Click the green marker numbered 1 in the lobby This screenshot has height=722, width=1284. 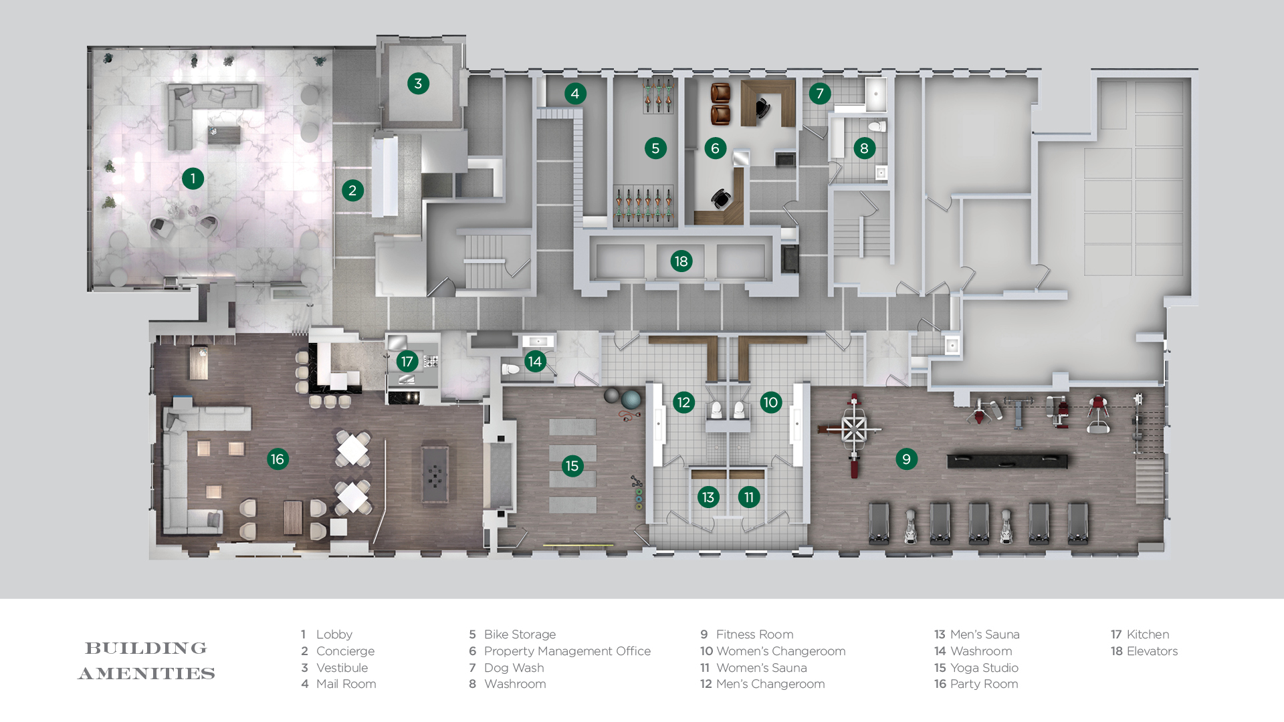coord(193,178)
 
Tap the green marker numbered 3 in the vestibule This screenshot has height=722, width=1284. coord(418,84)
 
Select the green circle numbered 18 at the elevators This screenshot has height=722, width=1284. coord(681,261)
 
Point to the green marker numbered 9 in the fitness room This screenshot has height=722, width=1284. coord(906,459)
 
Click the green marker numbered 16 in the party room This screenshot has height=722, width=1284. coord(278,459)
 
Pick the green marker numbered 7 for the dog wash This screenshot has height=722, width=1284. coord(820,94)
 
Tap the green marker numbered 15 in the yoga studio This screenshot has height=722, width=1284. coord(572,466)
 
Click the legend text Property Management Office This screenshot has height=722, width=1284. coord(567,651)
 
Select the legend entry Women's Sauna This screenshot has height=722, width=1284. coord(761,668)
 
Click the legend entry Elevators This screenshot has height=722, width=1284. coord(1152,651)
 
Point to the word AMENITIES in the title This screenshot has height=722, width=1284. coord(147,673)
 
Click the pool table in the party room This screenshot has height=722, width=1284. coord(435,475)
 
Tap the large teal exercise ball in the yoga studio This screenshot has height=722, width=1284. coord(631,400)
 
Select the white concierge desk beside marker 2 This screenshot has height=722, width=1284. coord(385,176)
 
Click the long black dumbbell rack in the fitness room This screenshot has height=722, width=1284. coord(1007,461)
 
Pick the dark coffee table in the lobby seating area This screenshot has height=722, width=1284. coord(223,134)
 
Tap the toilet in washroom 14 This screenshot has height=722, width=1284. coord(511,369)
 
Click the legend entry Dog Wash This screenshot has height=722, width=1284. coord(514,668)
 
